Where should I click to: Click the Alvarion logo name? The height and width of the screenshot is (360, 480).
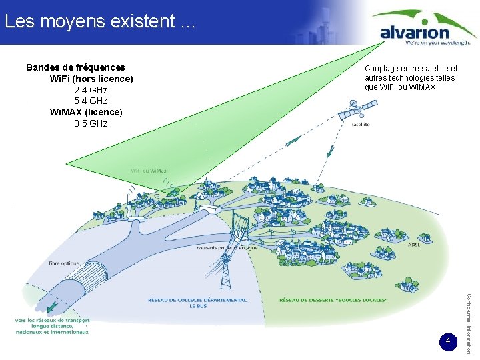point(414,31)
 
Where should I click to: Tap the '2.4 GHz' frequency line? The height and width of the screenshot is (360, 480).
point(91,90)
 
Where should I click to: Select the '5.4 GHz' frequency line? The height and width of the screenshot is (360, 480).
point(91,101)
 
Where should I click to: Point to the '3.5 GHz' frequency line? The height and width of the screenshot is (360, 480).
point(91,124)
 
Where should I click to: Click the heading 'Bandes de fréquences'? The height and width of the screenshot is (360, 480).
point(75,67)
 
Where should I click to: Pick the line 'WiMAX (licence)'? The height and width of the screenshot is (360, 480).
point(87,113)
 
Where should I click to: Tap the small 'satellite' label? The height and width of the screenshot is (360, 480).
point(360,125)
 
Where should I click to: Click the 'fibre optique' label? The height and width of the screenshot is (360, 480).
point(64,263)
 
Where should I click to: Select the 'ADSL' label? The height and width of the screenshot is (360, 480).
point(413,245)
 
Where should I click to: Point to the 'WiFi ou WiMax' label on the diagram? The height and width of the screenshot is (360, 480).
point(149,171)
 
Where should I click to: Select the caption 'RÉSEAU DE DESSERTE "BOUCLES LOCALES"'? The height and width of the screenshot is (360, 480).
point(333,300)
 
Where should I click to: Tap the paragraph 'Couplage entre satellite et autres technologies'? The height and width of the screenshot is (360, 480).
point(411,78)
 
